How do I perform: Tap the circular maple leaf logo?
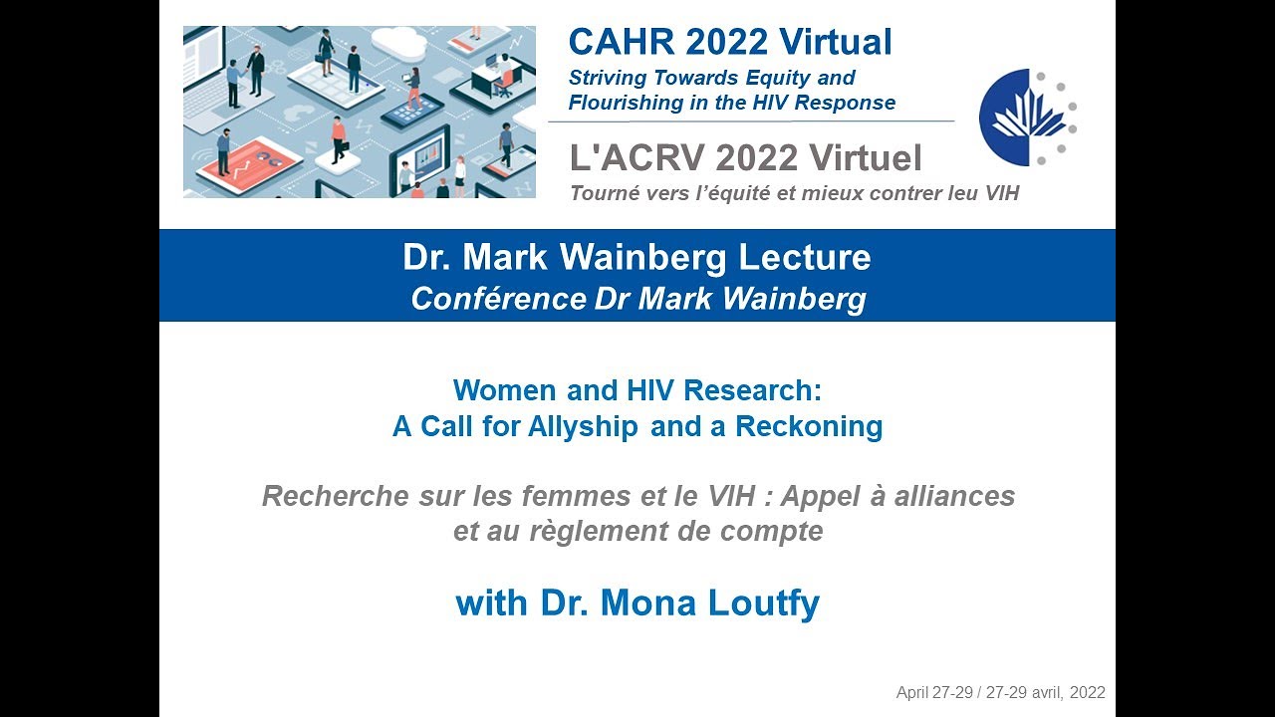click(x=1026, y=118)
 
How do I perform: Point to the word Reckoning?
click(x=809, y=427)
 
